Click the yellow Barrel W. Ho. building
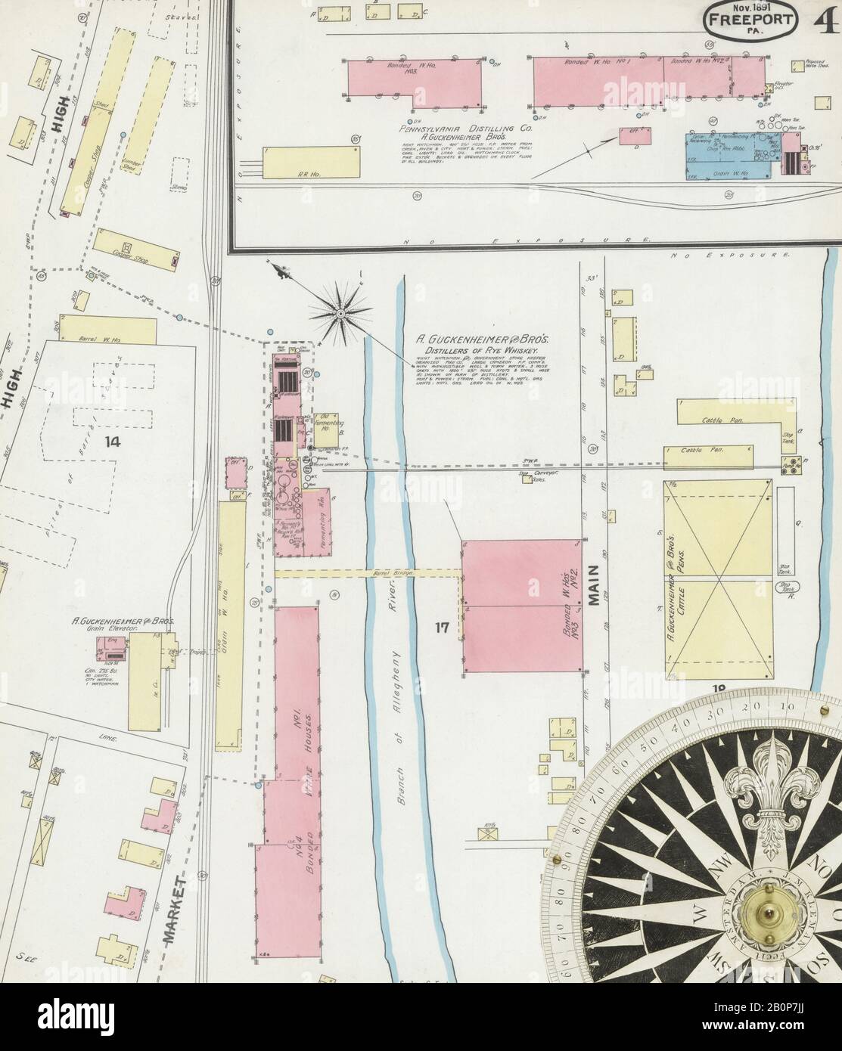tap(107, 330)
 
